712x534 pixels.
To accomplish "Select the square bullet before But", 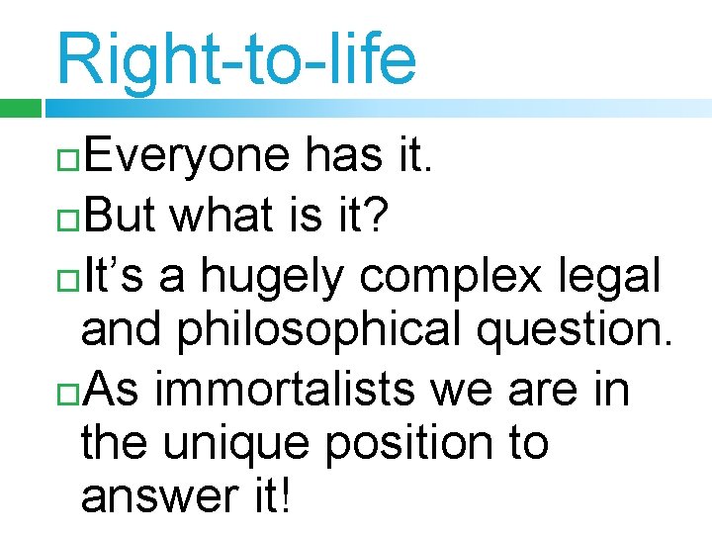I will pyautogui.click(x=68, y=217).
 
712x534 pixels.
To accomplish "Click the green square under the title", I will pyautogui.click(x=20, y=107).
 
